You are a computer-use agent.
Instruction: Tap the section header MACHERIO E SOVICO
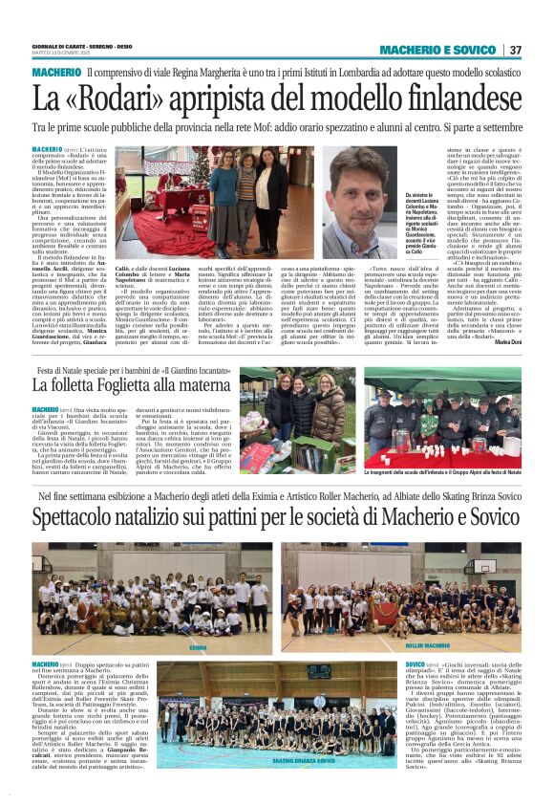coord(437,50)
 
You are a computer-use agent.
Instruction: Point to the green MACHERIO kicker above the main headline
coord(56,73)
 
